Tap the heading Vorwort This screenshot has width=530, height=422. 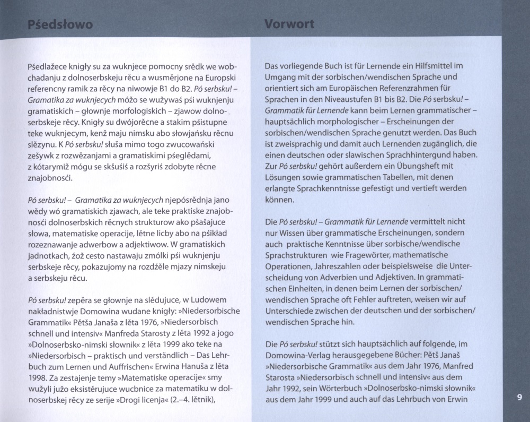click(x=289, y=24)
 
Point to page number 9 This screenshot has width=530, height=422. click(x=519, y=397)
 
